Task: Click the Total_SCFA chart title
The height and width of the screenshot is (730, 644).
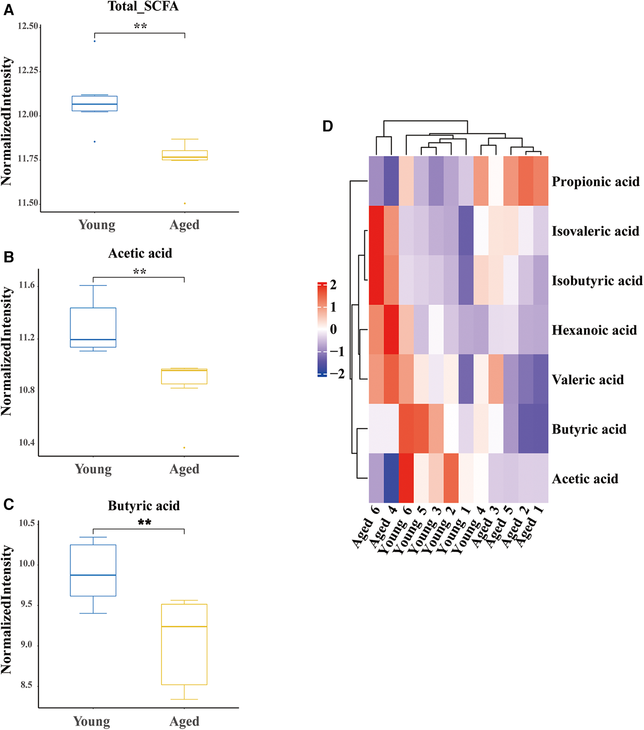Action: (x=143, y=6)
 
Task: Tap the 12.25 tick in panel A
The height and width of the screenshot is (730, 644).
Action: (x=28, y=71)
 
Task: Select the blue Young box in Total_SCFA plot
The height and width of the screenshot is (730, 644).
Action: (x=94, y=103)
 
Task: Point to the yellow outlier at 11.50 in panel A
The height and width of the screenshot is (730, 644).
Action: (x=185, y=203)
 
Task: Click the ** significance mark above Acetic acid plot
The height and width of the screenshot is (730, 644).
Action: (x=140, y=272)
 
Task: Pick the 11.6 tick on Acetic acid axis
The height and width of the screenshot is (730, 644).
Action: (x=27, y=285)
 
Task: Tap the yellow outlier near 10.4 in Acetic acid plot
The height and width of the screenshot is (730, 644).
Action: (x=184, y=448)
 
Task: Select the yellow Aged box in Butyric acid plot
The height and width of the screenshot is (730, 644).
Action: (x=184, y=644)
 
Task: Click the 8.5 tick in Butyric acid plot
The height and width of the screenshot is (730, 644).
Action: (x=26, y=685)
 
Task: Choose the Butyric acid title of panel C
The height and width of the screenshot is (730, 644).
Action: (x=144, y=506)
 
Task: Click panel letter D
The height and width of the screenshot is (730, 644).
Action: (x=327, y=126)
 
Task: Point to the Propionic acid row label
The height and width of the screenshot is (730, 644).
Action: (x=595, y=182)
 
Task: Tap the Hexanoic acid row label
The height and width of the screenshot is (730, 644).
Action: (x=594, y=330)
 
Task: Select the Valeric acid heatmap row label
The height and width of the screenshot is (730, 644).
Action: (x=588, y=380)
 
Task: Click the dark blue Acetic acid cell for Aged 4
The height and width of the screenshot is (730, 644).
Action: (x=391, y=478)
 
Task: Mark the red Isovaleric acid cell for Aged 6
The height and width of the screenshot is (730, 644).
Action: (x=376, y=231)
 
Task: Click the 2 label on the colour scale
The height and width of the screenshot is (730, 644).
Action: (x=333, y=285)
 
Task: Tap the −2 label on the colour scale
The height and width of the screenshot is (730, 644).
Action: (x=337, y=373)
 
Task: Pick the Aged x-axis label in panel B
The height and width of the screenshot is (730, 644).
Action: (x=184, y=469)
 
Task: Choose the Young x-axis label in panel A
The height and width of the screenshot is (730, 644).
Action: (x=97, y=225)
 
